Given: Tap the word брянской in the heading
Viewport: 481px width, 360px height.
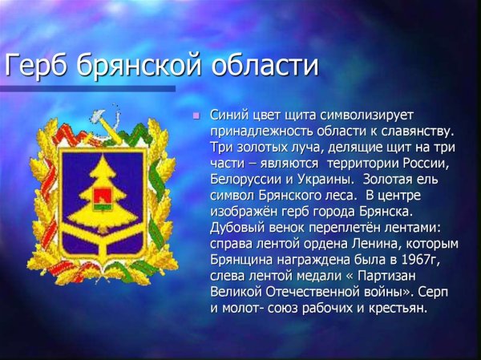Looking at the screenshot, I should (x=140, y=65).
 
